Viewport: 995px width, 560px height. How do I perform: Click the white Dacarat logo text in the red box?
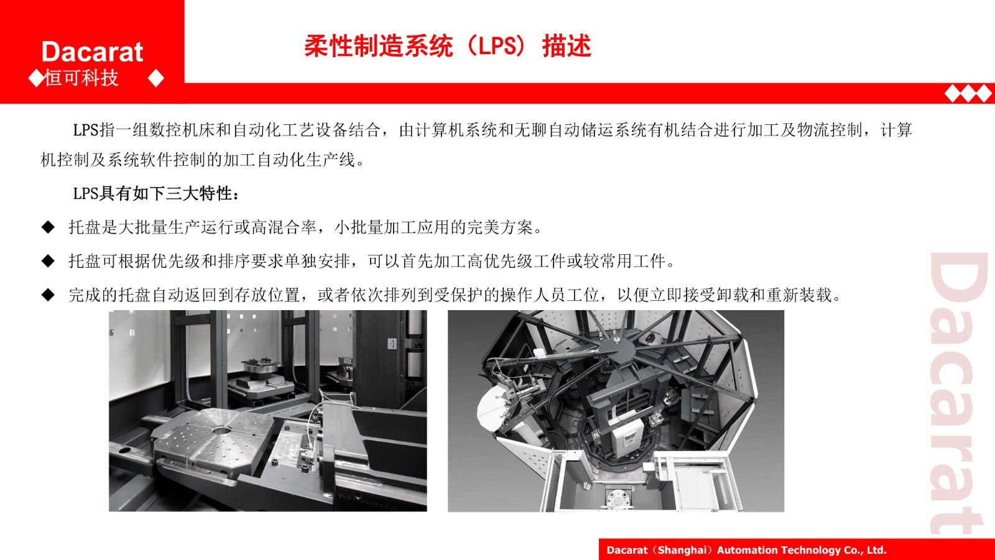(93, 52)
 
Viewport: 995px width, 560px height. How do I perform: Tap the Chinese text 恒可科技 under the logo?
(81, 78)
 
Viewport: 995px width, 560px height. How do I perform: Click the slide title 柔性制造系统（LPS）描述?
(448, 46)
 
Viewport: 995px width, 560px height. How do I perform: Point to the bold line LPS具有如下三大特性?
(156, 194)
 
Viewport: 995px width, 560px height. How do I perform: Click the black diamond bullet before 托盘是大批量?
(48, 227)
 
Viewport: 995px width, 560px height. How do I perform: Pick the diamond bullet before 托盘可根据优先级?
(48, 261)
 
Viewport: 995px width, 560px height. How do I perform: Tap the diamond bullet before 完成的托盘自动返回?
(48, 295)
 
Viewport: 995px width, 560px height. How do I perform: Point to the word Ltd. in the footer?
(876, 550)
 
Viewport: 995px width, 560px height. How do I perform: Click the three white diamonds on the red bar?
(968, 94)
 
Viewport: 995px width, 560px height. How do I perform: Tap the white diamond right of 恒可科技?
(156, 78)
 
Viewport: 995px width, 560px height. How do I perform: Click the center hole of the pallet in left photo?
(221, 430)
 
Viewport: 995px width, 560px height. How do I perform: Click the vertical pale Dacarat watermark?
(960, 393)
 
